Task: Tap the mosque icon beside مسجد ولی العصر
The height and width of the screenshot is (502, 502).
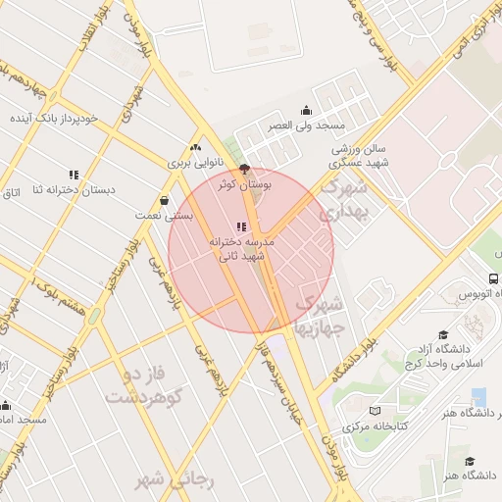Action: click(x=306, y=110)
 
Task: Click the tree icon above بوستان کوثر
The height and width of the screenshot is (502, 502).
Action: click(x=244, y=168)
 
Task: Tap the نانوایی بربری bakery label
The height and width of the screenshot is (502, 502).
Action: click(x=193, y=164)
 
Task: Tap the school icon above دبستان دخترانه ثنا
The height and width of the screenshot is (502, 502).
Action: click(x=75, y=175)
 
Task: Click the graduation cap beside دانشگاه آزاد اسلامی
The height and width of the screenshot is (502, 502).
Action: click(x=443, y=334)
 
